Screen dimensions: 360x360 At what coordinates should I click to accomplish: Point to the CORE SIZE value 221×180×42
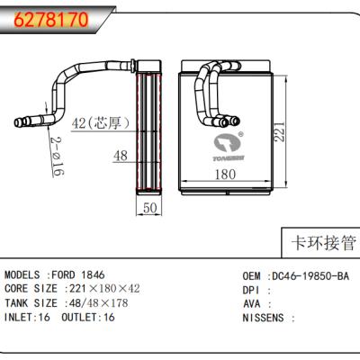(x=103, y=289)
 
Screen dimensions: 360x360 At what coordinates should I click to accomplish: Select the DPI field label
(x=252, y=289)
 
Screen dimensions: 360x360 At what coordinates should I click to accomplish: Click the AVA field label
(x=252, y=303)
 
